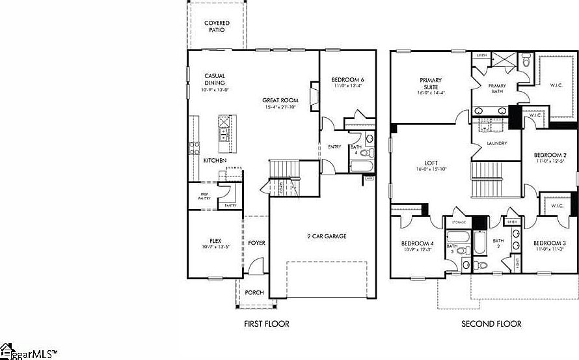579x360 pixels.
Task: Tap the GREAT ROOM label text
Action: [280, 100]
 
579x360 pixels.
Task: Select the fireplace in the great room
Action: [314, 97]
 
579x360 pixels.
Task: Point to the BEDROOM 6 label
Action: [348, 80]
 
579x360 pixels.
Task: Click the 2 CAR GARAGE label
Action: [327, 236]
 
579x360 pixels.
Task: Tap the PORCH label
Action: [254, 292]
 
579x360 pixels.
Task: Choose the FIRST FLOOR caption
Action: [266, 324]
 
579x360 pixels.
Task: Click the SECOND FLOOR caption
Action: [491, 324]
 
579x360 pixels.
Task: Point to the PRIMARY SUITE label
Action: [429, 83]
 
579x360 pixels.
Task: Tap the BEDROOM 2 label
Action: [550, 155]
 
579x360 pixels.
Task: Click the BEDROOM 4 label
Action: [417, 243]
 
